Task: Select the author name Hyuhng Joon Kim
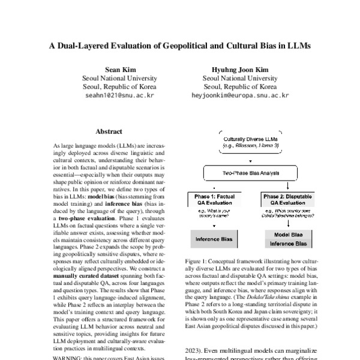point(240,70)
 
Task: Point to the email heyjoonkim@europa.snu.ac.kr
point(240,95)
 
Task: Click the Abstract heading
point(109,131)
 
